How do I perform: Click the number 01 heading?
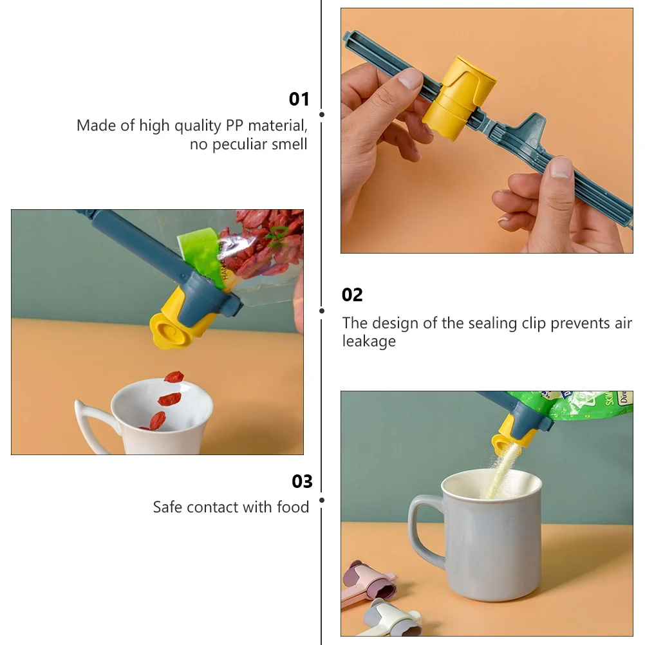pos(299,99)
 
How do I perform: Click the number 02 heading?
pos(352,295)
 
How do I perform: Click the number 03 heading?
pos(302,481)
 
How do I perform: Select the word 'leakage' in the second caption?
pos(369,341)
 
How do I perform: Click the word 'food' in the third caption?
pos(293,507)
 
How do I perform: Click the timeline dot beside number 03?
pos(321,500)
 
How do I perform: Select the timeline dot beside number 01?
pos(321,115)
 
